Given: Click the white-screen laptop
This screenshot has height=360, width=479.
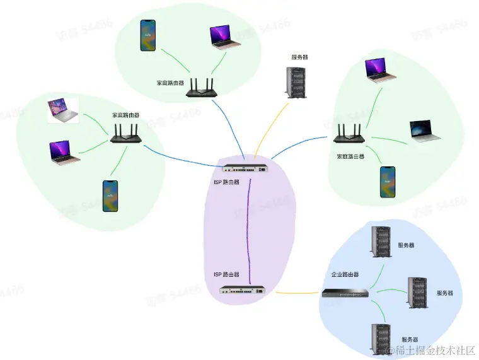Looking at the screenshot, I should tap(62, 110).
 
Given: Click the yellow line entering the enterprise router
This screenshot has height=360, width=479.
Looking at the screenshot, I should tap(296, 293).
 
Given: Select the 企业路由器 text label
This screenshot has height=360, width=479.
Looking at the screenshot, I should tap(345, 275).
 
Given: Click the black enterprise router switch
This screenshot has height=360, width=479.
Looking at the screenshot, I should tap(345, 293).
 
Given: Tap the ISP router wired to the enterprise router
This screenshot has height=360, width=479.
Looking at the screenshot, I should tap(241, 290).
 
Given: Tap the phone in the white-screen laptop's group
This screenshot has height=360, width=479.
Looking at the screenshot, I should tap(111, 196).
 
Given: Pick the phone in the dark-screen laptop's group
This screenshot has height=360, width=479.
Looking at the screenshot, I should tap(387, 183).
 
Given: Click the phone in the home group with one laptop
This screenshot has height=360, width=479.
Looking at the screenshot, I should tap(147, 35).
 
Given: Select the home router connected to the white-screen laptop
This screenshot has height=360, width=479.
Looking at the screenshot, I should tap(126, 132).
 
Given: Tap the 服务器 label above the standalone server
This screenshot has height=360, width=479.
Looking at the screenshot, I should tap(299, 57).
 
